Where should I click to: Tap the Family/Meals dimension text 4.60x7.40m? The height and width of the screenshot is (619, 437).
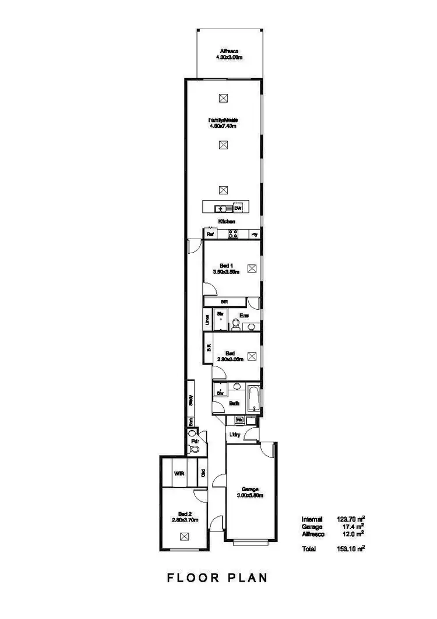point(224,125)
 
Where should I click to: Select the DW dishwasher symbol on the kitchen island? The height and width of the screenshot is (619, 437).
point(237,208)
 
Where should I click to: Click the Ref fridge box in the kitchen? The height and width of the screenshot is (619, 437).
point(210,235)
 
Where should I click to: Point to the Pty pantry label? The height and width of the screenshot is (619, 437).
point(254,235)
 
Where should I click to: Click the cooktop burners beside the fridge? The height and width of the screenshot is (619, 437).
point(232,235)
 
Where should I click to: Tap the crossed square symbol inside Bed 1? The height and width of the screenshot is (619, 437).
point(252,269)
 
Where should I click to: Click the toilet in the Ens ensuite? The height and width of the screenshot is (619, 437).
point(235,324)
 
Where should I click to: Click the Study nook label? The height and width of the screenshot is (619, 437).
point(191,400)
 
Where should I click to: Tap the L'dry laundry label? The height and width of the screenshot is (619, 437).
point(235,435)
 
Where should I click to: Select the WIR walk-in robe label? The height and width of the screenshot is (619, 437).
point(179,474)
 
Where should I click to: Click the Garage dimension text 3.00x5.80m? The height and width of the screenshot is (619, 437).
point(251,496)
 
